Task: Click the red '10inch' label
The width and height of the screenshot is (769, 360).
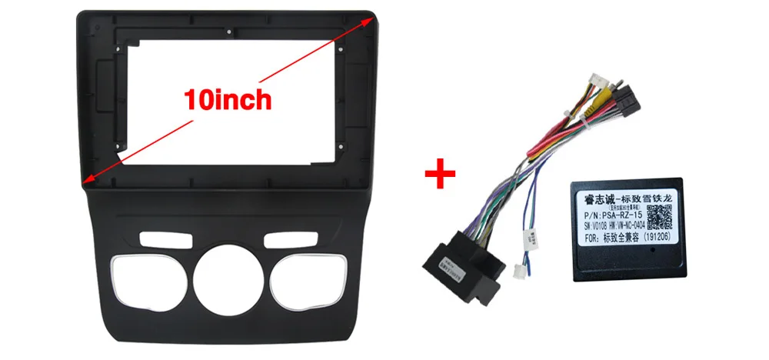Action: pos(227,99)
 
